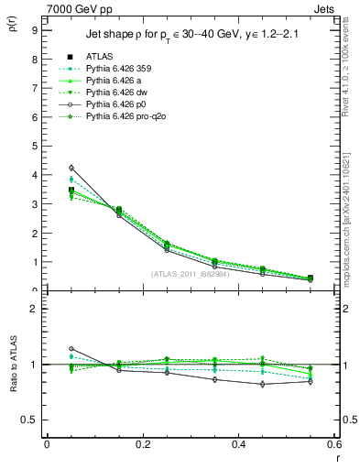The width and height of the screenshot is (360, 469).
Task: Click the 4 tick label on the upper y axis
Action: click(34, 174)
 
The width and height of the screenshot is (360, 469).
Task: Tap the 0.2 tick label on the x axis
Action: click(142, 444)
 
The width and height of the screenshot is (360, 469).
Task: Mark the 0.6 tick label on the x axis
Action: click(333, 444)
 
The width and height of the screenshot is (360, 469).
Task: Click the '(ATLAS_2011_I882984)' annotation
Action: click(191, 274)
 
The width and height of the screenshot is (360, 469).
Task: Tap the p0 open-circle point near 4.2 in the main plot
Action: click(71, 168)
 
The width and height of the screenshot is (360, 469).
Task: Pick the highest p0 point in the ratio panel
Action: click(71, 348)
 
